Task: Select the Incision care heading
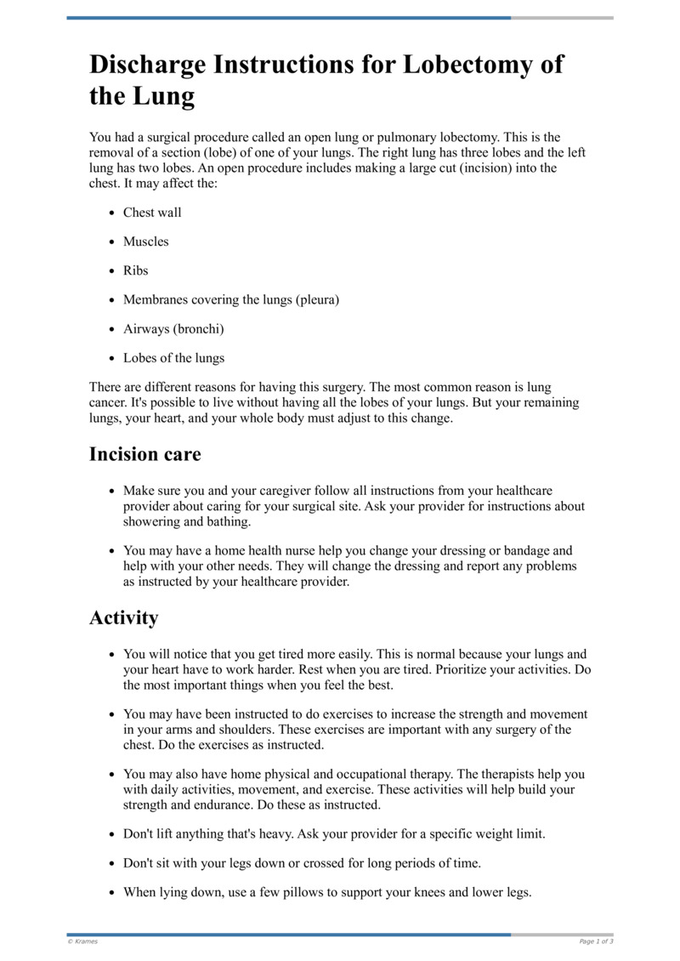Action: pyautogui.click(x=145, y=454)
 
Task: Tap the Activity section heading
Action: pyautogui.click(x=123, y=617)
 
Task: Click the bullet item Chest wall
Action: pyautogui.click(x=152, y=213)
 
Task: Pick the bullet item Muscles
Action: pyautogui.click(x=146, y=242)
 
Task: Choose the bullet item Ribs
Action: pyautogui.click(x=135, y=270)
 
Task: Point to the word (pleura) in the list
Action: pyautogui.click(x=317, y=299)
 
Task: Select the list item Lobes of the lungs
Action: pyautogui.click(x=173, y=357)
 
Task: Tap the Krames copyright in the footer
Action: pyautogui.click(x=82, y=941)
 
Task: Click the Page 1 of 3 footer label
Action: pyautogui.click(x=596, y=941)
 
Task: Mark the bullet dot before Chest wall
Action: pyautogui.click(x=112, y=213)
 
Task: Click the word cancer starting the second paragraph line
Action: pyautogui.click(x=109, y=402)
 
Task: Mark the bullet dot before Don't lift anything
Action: pyautogui.click(x=112, y=834)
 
